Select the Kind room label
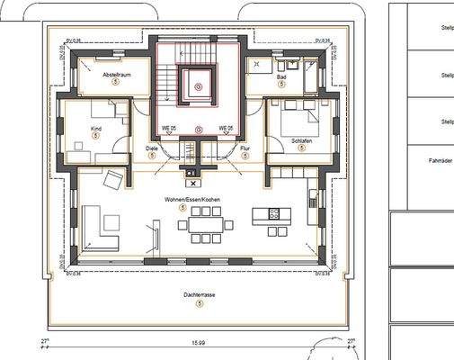[96, 128]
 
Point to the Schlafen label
[301, 141]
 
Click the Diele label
[151, 148]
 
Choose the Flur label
[245, 148]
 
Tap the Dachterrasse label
[198, 295]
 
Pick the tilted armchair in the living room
[113, 179]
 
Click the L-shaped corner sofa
[98, 228]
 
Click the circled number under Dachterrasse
[198, 304]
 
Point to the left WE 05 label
[168, 128]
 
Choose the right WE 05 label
[224, 128]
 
